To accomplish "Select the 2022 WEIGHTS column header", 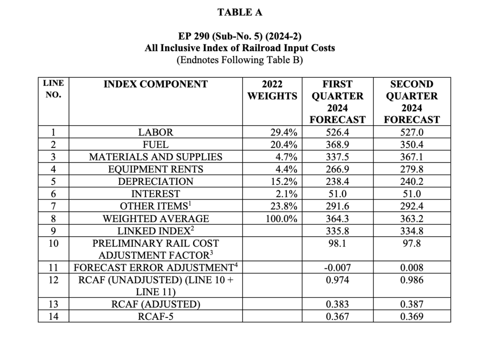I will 272,90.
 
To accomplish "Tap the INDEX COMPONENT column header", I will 156,85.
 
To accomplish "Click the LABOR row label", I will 156,132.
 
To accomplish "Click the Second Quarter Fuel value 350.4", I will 411,144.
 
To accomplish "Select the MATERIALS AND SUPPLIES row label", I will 156,157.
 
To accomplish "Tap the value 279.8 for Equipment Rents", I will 411,169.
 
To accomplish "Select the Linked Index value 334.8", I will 411,231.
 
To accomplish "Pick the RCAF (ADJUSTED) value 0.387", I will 411,304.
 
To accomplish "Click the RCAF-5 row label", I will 156,316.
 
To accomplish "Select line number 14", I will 53,316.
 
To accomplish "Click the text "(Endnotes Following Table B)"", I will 240,60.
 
